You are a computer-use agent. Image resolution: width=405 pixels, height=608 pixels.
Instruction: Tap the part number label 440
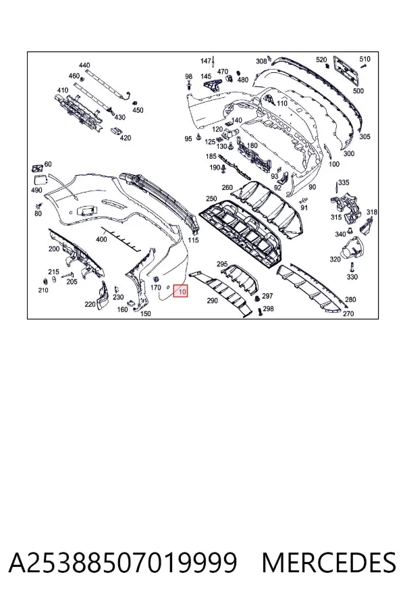(84, 65)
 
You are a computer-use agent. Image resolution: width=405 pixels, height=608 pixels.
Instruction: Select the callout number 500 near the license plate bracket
(358, 91)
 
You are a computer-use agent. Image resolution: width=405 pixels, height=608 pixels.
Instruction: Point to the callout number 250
(211, 199)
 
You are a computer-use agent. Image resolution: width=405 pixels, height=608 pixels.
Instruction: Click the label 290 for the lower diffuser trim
(213, 301)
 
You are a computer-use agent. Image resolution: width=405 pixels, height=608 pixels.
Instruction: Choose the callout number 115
(193, 240)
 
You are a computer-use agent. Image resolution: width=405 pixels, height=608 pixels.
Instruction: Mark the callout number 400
(101, 239)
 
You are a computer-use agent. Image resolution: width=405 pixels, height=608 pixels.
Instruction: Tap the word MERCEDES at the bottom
(329, 563)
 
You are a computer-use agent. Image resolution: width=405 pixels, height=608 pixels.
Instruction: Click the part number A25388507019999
(122, 563)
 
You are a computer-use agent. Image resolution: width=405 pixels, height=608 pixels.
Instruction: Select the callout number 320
(335, 259)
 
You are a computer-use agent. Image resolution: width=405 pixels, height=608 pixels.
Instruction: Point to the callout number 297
(267, 296)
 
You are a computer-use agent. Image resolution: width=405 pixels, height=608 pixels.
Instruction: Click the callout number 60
(48, 164)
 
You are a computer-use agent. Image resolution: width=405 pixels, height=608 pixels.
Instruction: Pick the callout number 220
(90, 305)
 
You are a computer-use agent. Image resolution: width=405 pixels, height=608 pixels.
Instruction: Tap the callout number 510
(364, 59)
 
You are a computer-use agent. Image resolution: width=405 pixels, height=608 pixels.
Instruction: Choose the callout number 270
(348, 313)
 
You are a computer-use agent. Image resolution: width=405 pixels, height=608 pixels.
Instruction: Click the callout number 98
(189, 77)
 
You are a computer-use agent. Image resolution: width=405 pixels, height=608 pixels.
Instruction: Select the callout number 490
(36, 190)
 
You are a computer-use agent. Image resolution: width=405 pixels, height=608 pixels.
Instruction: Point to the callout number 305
(364, 136)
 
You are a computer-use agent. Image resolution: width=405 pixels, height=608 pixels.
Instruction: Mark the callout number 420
(125, 138)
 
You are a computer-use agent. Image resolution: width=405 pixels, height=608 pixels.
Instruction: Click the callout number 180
(252, 146)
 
